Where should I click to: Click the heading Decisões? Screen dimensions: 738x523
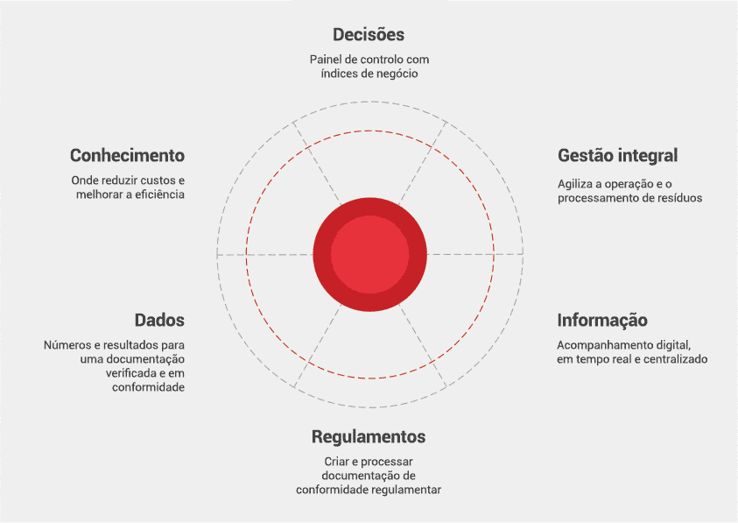(x=369, y=35)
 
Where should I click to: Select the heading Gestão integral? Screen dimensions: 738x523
(x=618, y=156)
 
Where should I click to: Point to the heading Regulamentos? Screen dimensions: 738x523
(x=369, y=436)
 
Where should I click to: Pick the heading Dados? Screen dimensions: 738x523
(x=159, y=320)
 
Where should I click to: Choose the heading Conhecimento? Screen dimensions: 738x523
(x=128, y=156)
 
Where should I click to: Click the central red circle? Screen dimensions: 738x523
(x=369, y=253)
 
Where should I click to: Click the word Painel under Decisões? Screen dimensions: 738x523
(x=327, y=60)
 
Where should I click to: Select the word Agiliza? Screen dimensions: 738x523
(x=576, y=184)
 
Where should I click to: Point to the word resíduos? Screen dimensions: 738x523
(x=679, y=198)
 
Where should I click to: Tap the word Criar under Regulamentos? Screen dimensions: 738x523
(x=327, y=461)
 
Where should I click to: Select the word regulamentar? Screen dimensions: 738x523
(x=405, y=489)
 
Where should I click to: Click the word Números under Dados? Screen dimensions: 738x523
(x=67, y=345)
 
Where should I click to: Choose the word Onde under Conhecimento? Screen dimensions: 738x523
(x=86, y=180)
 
